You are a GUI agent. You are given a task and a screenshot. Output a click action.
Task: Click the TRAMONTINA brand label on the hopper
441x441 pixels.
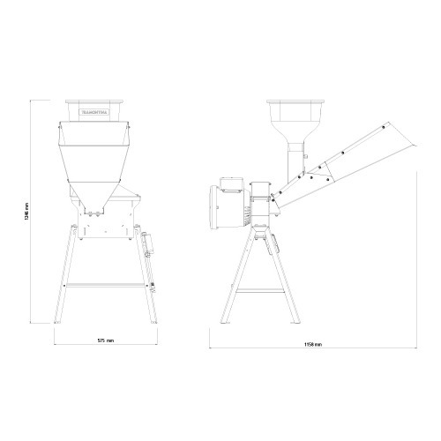[x=93, y=113]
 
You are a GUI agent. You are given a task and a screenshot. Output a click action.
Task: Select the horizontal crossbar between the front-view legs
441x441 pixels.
[x=106, y=284]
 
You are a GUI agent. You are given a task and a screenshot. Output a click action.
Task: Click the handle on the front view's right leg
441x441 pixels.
[x=149, y=243]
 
